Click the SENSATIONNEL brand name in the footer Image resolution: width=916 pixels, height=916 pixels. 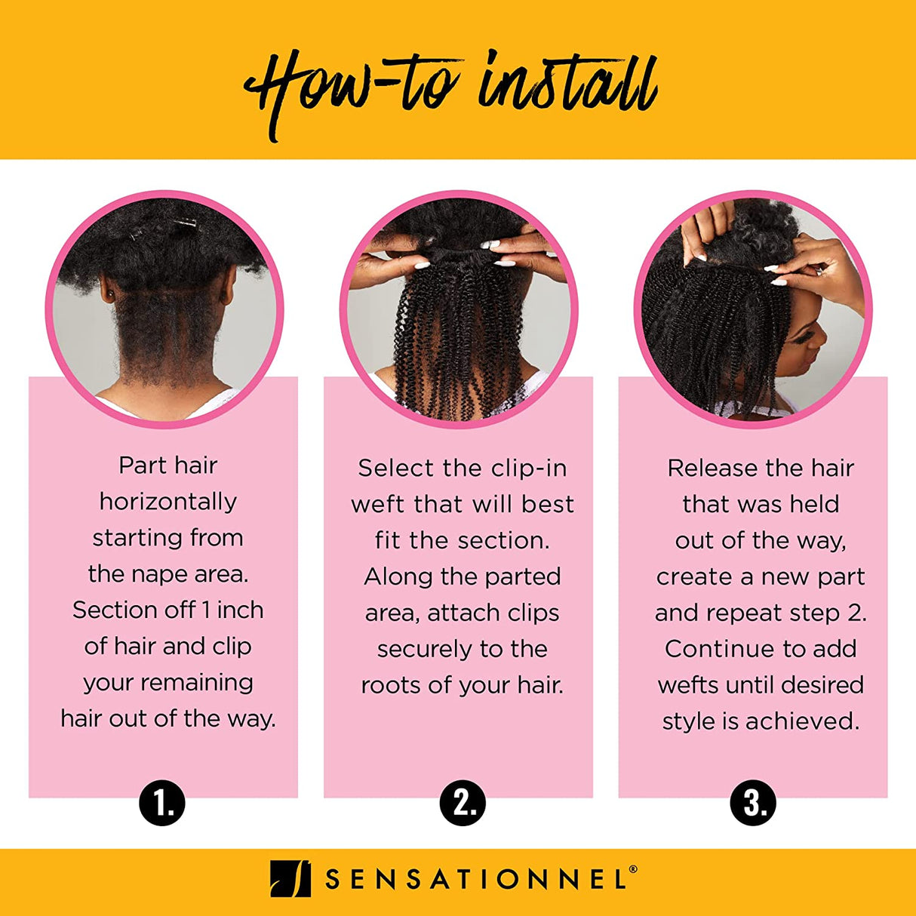pos(476,880)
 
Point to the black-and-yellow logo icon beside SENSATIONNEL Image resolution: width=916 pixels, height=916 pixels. pos(290,879)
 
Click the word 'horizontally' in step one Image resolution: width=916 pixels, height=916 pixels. pos(168,502)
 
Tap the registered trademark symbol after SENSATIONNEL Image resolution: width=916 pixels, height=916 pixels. pos(632,869)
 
